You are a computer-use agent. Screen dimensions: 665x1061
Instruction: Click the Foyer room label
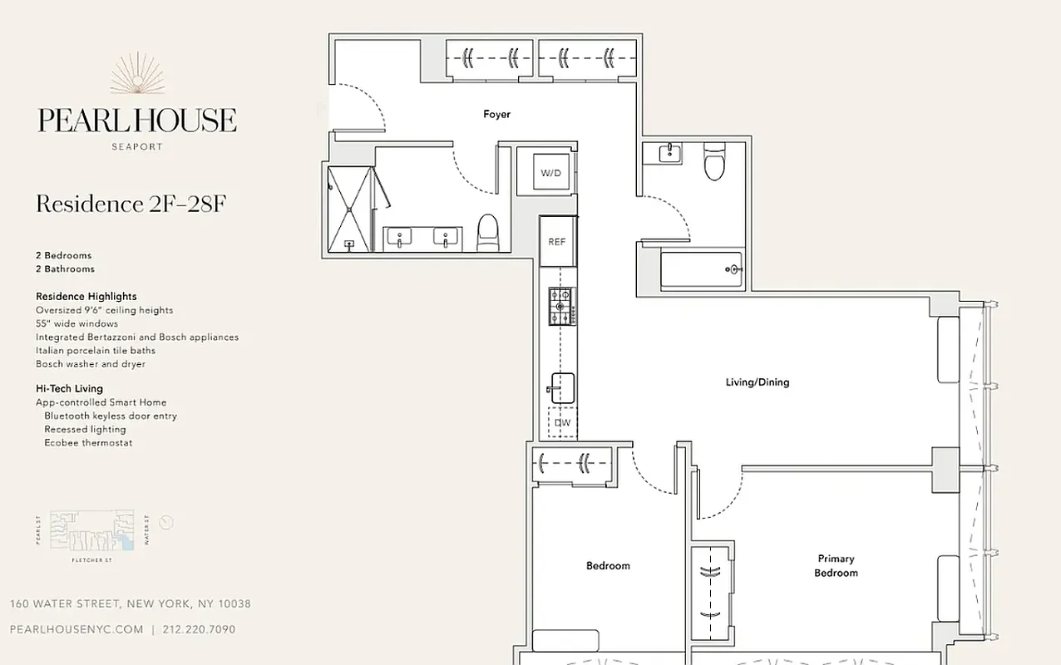click(496, 114)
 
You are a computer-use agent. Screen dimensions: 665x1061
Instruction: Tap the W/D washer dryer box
click(550, 173)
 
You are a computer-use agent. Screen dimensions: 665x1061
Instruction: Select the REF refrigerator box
click(556, 241)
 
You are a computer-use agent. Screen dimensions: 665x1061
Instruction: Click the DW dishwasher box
click(562, 422)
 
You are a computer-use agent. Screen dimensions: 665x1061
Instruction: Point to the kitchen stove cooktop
click(561, 306)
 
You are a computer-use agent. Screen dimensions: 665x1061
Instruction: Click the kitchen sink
click(561, 388)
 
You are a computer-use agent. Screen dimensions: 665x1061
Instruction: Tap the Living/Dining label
click(756, 382)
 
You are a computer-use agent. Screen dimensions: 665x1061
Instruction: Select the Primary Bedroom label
click(835, 566)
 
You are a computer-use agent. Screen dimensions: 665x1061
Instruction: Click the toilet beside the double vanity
click(487, 232)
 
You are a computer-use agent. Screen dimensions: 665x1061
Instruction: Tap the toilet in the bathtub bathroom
click(714, 161)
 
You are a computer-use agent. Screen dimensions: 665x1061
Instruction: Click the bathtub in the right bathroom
click(700, 270)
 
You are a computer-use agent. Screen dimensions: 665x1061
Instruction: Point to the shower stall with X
click(349, 209)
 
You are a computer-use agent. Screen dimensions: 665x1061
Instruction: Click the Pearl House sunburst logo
click(137, 75)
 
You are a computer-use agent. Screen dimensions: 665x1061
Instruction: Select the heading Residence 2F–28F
click(131, 204)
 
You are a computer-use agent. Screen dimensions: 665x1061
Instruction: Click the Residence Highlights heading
click(86, 296)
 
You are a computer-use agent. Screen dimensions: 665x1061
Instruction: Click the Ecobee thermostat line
click(88, 443)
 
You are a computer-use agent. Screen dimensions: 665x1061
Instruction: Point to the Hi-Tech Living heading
click(69, 388)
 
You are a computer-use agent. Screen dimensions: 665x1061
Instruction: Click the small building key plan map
click(92, 532)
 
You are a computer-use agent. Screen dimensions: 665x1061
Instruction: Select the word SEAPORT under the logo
click(137, 146)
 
